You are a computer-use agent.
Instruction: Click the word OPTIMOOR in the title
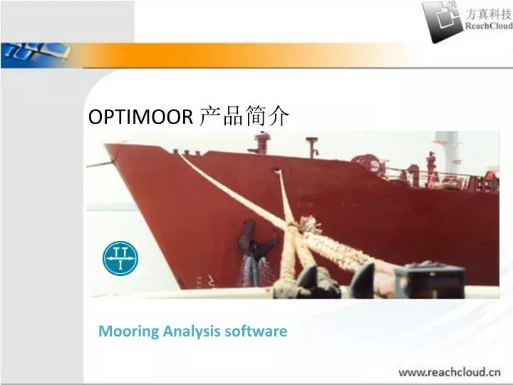click(140, 117)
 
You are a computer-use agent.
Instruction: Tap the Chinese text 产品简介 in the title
click(244, 116)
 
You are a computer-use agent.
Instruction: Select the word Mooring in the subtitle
click(128, 332)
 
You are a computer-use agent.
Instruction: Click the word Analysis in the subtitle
click(192, 331)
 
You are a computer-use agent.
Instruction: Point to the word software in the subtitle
click(256, 331)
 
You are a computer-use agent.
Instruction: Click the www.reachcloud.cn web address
click(449, 372)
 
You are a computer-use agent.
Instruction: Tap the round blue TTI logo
click(120, 258)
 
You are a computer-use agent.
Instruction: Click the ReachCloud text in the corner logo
click(489, 26)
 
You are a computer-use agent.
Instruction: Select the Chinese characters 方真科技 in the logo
click(489, 14)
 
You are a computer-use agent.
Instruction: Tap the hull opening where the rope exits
click(276, 170)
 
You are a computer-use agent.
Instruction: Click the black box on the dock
click(429, 282)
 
